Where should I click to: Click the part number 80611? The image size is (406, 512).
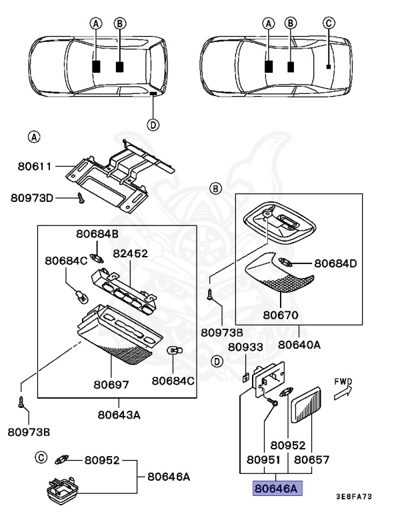[36, 166]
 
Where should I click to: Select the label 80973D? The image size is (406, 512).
[33, 197]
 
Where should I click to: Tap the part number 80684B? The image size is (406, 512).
[97, 234]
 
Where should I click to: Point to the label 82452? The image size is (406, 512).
[130, 253]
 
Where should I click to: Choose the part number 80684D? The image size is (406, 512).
[335, 263]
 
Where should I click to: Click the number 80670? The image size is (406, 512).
[280, 314]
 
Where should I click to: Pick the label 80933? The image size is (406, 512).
[246, 347]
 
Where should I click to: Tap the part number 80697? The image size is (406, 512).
[111, 384]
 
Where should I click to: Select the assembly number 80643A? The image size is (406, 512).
[119, 414]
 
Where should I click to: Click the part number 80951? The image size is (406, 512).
[265, 459]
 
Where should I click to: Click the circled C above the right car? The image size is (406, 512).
[328, 23]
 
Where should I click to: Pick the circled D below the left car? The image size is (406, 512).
[153, 125]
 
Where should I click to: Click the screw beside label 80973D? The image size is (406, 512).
[80, 197]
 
